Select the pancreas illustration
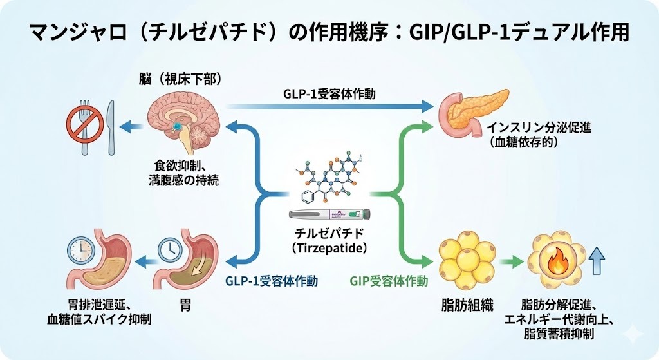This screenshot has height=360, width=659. pyautogui.click(x=463, y=112)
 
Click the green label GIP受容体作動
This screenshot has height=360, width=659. pyautogui.click(x=389, y=281)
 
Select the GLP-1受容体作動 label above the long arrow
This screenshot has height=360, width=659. pyautogui.click(x=329, y=94)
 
